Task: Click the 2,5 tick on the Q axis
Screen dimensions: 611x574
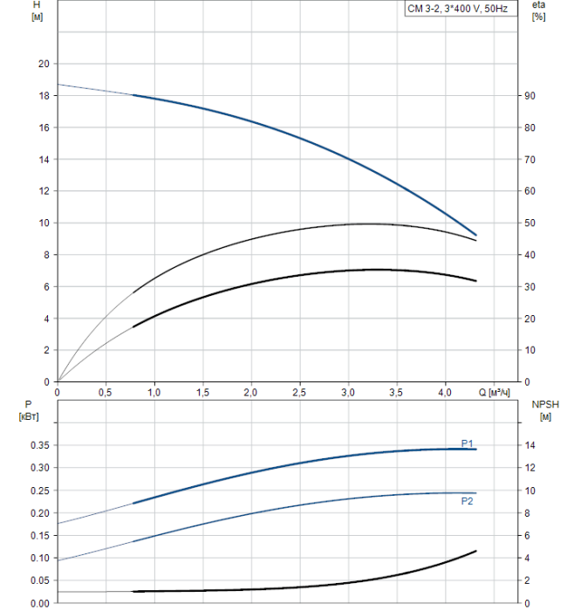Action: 299,392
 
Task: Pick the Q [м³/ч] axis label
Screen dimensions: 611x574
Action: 494,392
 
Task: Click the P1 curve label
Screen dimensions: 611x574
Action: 467,443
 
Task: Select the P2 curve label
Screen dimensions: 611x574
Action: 467,501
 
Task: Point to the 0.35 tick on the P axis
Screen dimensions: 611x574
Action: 38,445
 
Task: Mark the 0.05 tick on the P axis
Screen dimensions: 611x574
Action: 38,580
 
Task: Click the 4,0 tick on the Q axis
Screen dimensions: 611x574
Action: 445,392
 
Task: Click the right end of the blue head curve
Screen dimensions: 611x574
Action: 476,235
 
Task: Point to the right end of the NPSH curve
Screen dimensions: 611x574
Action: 476,551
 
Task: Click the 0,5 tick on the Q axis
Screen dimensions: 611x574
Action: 106,392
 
